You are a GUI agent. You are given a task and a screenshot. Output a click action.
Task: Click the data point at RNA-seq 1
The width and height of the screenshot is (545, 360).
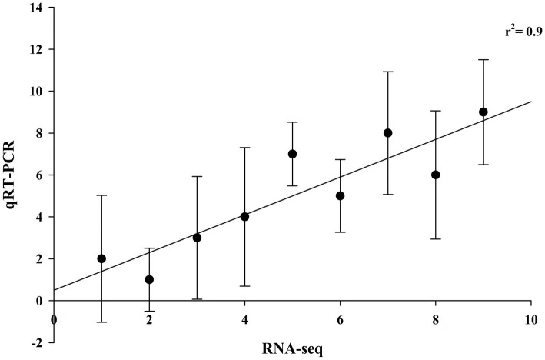(x=101, y=258)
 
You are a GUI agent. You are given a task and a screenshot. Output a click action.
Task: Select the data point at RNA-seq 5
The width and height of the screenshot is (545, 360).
(x=293, y=154)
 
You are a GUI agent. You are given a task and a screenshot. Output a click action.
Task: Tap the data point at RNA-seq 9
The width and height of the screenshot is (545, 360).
(x=484, y=112)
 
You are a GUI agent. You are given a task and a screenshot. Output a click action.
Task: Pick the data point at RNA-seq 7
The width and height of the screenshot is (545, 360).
(x=388, y=133)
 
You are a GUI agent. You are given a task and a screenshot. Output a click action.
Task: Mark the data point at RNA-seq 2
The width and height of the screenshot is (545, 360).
(x=149, y=279)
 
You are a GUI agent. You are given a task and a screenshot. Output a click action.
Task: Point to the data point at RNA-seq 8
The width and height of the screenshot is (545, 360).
(x=436, y=175)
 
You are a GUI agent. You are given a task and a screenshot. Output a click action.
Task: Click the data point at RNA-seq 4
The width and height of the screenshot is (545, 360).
(x=244, y=217)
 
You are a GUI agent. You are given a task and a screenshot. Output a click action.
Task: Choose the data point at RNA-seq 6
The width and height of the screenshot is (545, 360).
(x=341, y=195)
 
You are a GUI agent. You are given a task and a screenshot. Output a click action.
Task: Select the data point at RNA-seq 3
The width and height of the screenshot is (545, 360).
(x=197, y=238)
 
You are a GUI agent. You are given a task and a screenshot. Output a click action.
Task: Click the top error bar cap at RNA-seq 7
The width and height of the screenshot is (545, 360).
(x=388, y=72)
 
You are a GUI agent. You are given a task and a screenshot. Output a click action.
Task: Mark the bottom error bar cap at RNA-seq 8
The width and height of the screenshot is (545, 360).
(x=436, y=239)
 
